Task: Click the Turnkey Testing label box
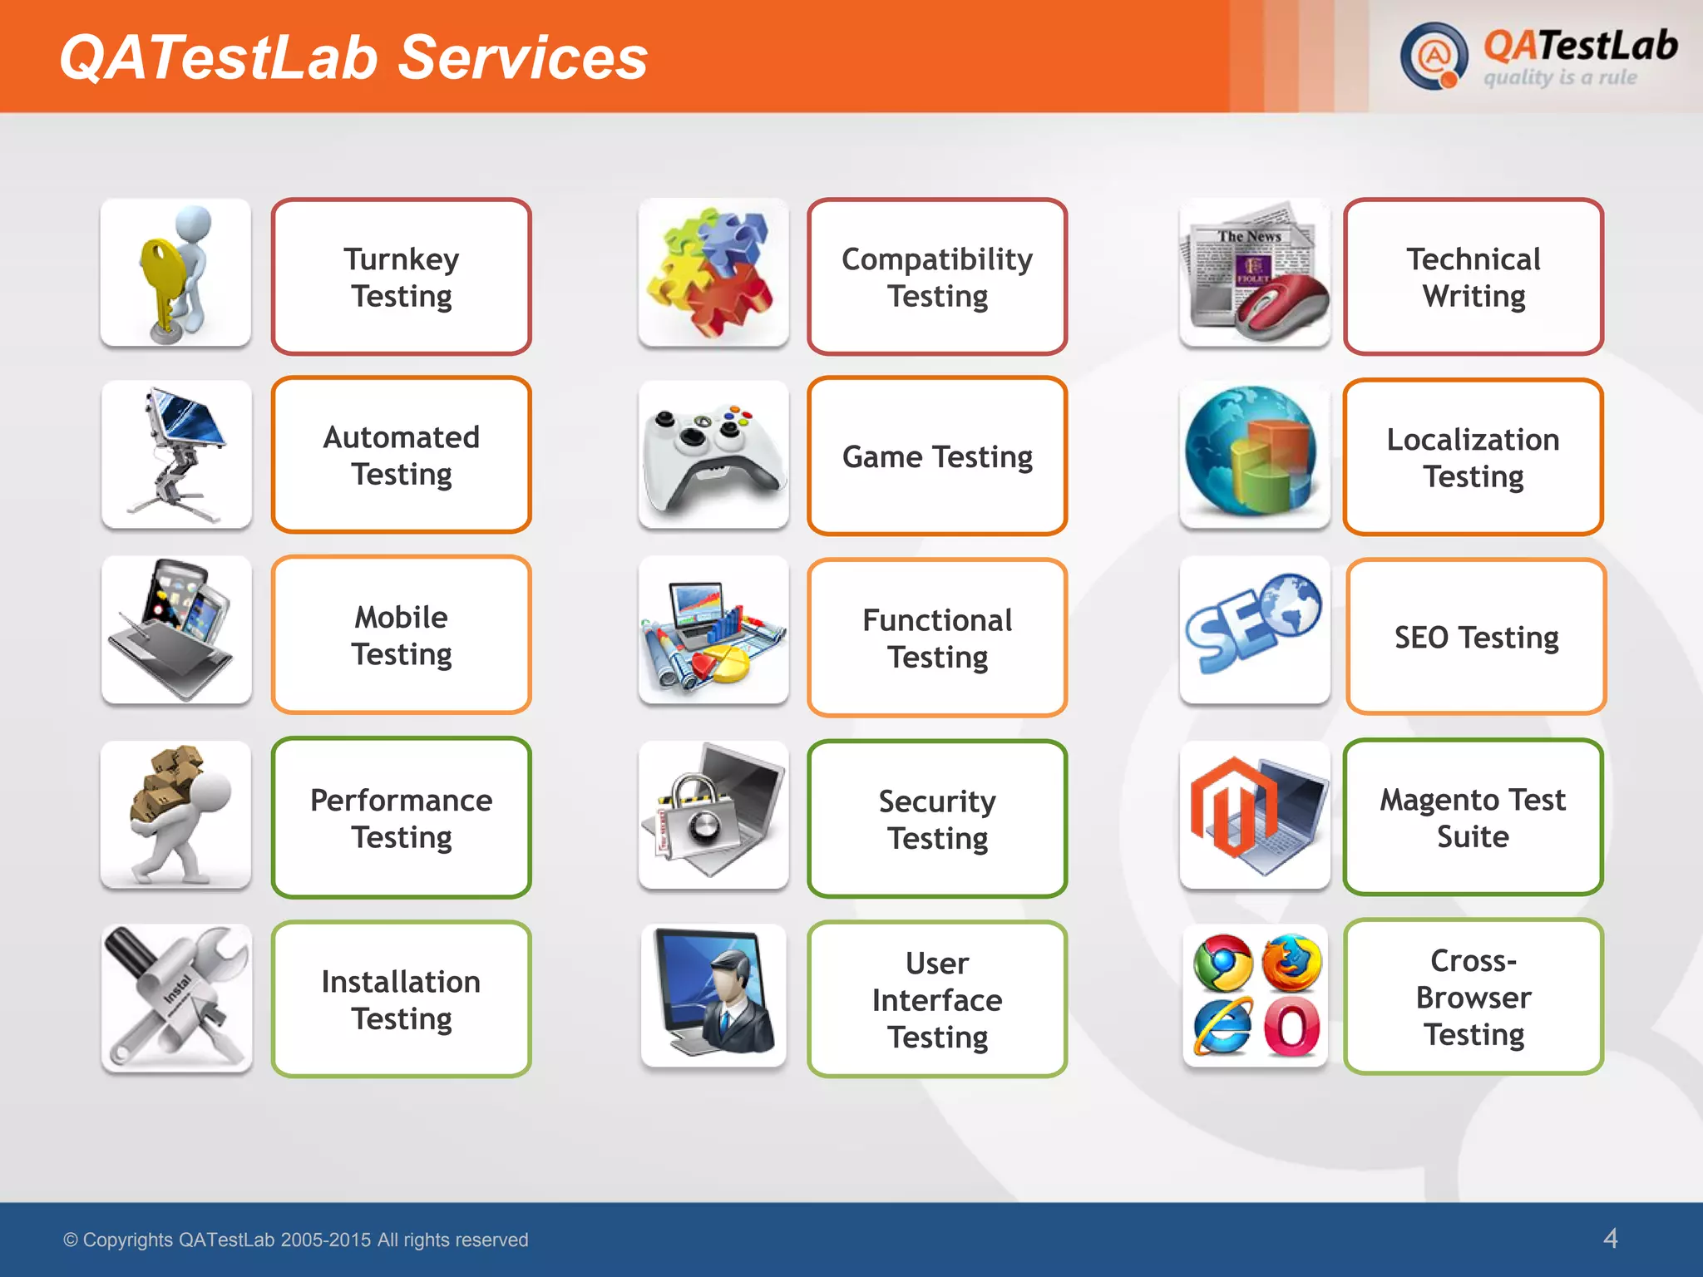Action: [x=401, y=277]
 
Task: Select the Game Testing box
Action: [x=937, y=456]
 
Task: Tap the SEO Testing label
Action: [x=1476, y=637]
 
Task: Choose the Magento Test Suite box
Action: [x=1473, y=817]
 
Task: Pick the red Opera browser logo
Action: [x=1291, y=1028]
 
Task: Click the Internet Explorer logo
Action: [x=1222, y=1028]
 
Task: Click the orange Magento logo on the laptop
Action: [x=1232, y=806]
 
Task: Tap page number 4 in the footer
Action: [x=1610, y=1238]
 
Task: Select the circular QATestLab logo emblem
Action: [x=1433, y=57]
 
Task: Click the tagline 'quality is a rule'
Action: [x=1560, y=78]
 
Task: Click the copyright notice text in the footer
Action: [x=296, y=1240]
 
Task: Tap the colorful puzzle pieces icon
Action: [x=713, y=273]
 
